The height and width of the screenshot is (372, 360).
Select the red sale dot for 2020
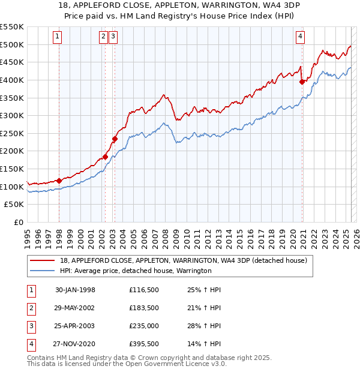click(x=302, y=83)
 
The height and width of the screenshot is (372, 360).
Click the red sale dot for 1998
click(x=59, y=181)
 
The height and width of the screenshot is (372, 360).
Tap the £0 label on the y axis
click(x=19, y=222)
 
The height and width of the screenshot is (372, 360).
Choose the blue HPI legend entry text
click(x=136, y=271)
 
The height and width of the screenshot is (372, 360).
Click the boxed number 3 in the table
click(x=30, y=327)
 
